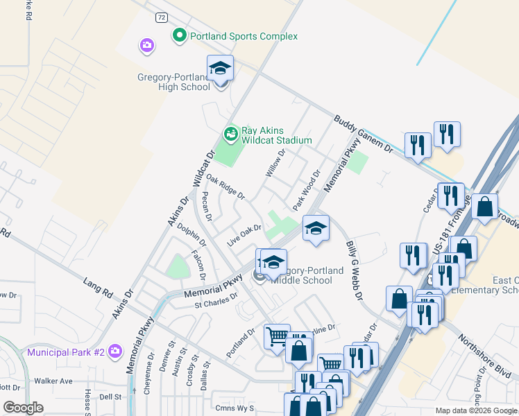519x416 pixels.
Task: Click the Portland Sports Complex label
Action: point(244,36)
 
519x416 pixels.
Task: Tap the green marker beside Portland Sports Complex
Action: point(180,35)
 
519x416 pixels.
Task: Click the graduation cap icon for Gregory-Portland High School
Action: point(221,69)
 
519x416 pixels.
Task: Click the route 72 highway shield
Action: point(162,16)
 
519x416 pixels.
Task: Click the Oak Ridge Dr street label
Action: point(226,187)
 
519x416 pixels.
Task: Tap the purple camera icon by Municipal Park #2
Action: point(115,352)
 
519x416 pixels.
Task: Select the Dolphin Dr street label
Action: point(192,234)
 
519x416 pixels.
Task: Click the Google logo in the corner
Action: point(23,408)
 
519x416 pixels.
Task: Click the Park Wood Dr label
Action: point(307,191)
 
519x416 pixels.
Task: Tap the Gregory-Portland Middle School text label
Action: point(304,275)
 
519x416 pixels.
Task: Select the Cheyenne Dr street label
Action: point(148,374)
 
